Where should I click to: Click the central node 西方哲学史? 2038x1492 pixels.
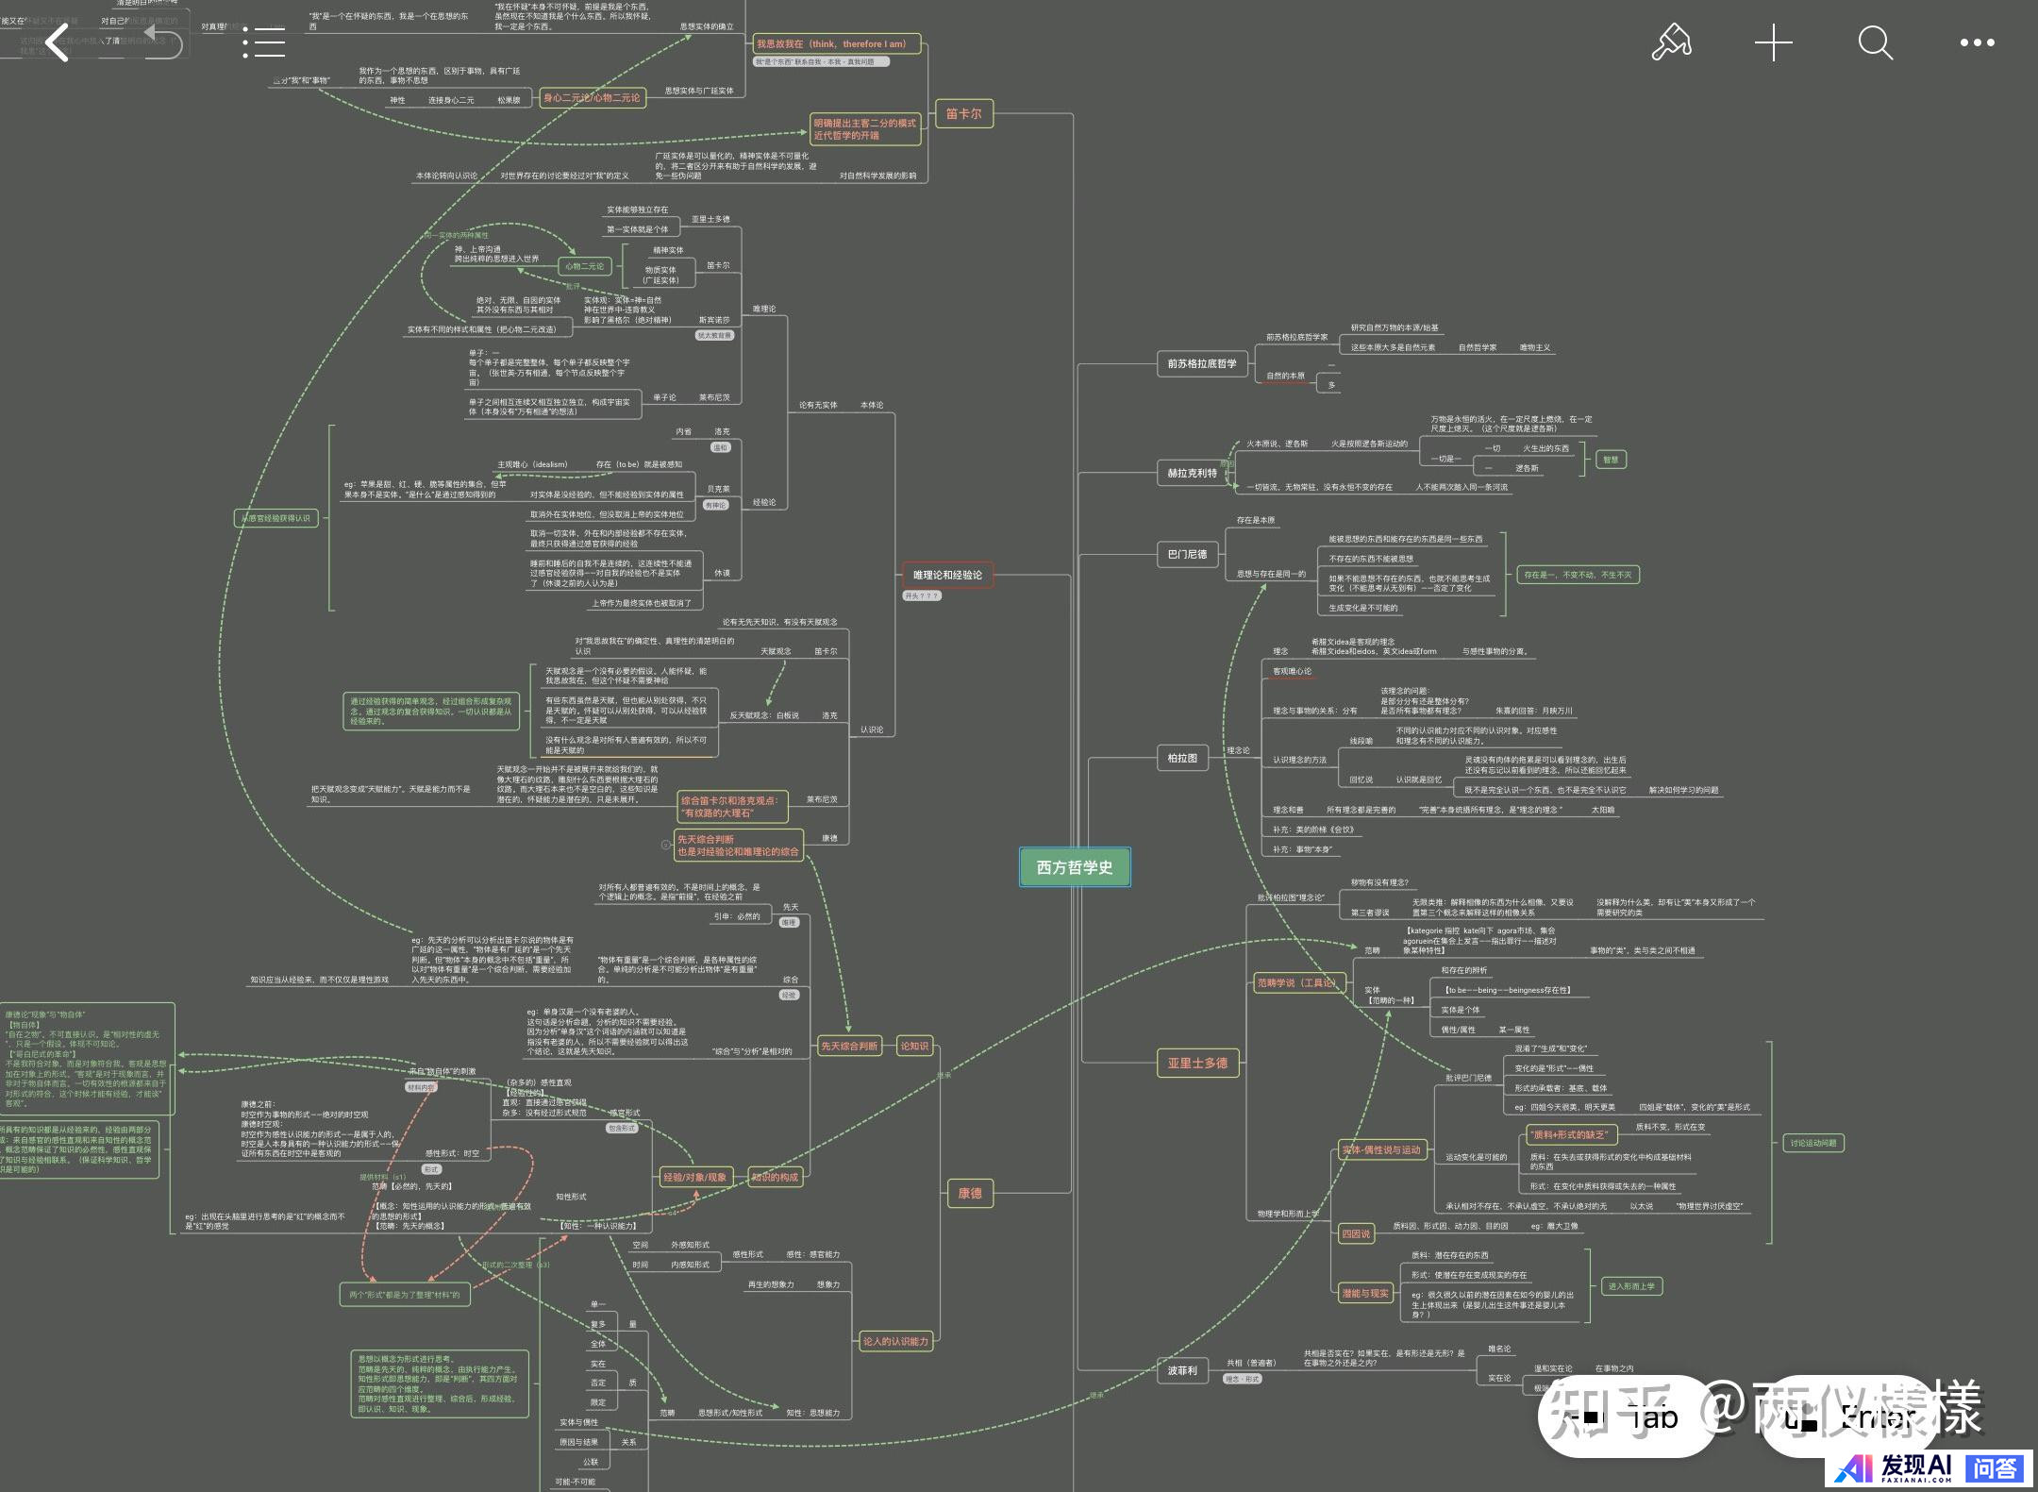tap(1075, 867)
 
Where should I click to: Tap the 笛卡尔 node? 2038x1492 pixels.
tap(963, 114)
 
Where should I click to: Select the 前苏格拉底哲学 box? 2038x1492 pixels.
tap(1201, 363)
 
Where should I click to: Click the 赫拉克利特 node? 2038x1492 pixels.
tap(1192, 473)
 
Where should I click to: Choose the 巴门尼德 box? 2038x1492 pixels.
tap(1187, 554)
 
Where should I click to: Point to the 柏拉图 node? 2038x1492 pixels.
tap(1182, 758)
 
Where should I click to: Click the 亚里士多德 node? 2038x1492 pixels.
tap(1197, 1064)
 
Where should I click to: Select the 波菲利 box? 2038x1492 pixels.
tap(1182, 1370)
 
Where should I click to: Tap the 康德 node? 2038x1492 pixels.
tap(970, 1194)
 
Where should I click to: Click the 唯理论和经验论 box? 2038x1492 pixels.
tap(947, 575)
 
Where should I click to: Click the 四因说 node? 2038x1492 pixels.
tap(1356, 1233)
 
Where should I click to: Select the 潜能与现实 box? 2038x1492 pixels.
tap(1365, 1293)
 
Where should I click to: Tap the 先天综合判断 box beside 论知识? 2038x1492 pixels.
tap(849, 1046)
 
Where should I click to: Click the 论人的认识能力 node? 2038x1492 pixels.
tap(895, 1341)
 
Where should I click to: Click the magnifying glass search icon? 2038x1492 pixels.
tap(1875, 42)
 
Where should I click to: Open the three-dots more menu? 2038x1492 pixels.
tap(1977, 42)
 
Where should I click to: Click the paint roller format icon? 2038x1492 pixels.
tap(1671, 42)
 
